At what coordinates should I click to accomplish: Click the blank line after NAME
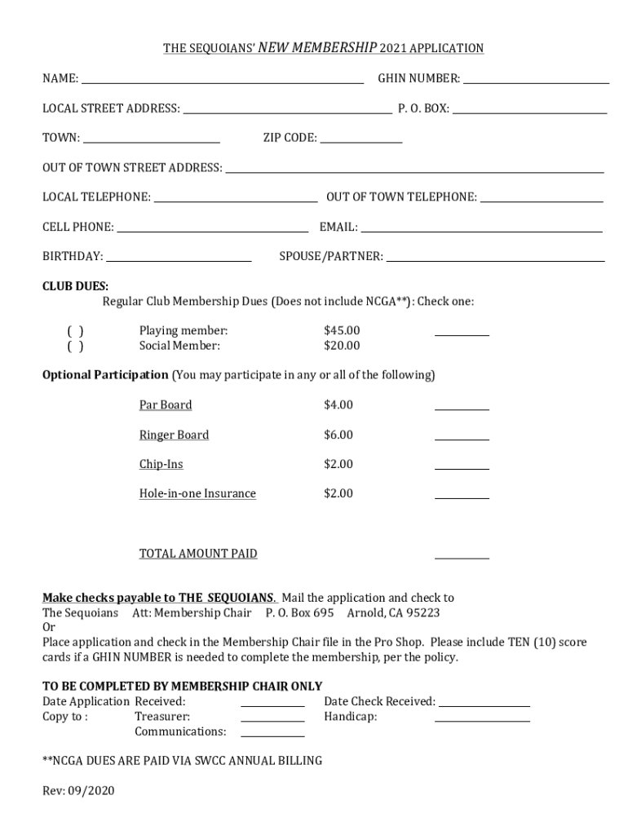click(x=222, y=80)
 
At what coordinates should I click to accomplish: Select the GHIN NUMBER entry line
click(x=536, y=80)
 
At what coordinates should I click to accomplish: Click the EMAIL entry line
click(x=481, y=229)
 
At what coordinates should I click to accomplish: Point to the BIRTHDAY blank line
click(x=179, y=258)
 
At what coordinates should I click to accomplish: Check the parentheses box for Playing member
click(x=75, y=331)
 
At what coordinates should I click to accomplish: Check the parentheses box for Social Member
click(x=75, y=346)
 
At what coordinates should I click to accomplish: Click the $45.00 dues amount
click(x=342, y=331)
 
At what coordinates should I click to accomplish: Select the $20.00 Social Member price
click(x=342, y=346)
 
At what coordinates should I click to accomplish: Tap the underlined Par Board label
click(x=166, y=405)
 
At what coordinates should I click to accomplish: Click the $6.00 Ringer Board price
click(x=338, y=435)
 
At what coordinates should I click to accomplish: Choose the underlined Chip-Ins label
click(x=161, y=464)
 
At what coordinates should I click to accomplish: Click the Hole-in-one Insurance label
click(x=197, y=493)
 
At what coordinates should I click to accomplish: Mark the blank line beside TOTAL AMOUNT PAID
click(x=462, y=556)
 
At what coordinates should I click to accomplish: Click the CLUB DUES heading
click(x=75, y=286)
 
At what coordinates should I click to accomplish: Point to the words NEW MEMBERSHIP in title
click(x=317, y=48)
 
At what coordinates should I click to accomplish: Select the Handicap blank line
click(x=482, y=719)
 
